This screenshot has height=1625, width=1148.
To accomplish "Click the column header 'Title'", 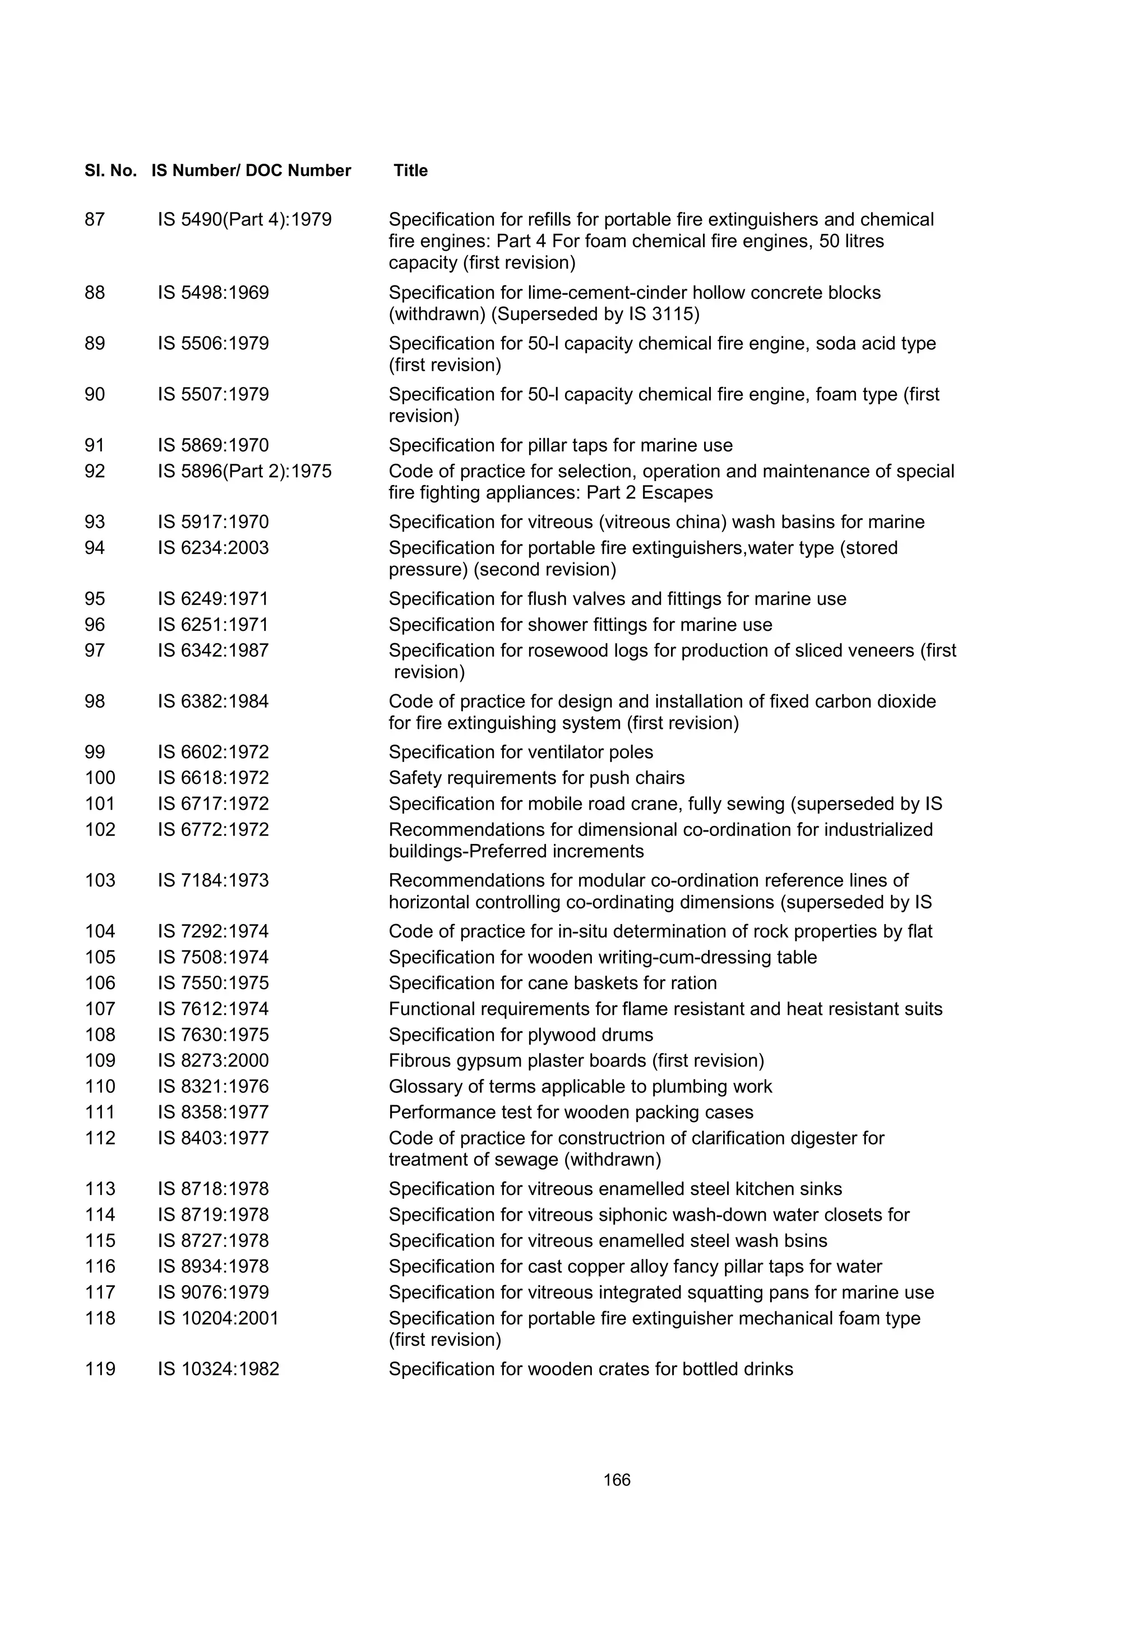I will click(x=410, y=170).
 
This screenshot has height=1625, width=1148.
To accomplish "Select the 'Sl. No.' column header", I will click(x=110, y=170).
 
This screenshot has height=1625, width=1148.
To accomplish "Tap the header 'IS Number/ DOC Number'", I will click(x=251, y=170).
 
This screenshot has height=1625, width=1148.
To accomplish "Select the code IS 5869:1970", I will click(x=213, y=445).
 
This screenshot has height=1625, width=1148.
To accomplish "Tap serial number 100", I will click(x=100, y=778).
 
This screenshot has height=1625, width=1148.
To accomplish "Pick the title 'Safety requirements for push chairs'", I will click(x=536, y=778).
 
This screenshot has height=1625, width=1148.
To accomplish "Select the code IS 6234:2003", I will click(x=213, y=548).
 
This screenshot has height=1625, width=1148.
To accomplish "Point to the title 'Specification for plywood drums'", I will click(x=521, y=1035).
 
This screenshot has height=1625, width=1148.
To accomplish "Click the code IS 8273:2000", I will click(x=213, y=1060).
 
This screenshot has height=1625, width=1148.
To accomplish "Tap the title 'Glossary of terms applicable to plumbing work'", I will click(x=580, y=1086).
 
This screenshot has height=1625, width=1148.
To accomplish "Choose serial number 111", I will click(x=100, y=1112).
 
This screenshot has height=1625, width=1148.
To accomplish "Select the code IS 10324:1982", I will click(x=218, y=1369).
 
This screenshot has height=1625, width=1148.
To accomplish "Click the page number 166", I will click(x=617, y=1480).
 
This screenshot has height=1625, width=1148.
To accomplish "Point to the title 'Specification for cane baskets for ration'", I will click(x=553, y=983).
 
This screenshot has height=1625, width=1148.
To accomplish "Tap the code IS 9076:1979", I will click(x=213, y=1292).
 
